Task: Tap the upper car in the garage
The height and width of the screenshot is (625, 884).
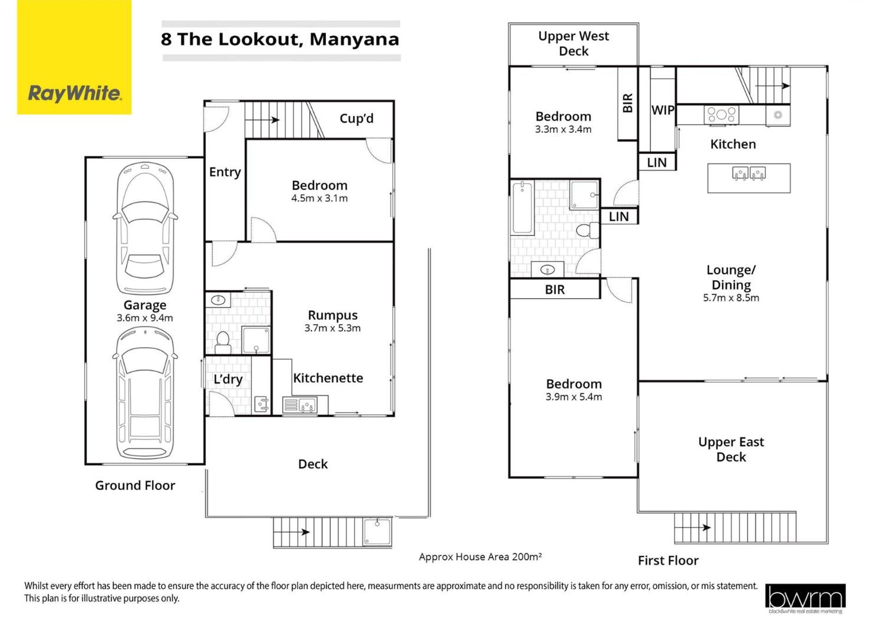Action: [x=145, y=228]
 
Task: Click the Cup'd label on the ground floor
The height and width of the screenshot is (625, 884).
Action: [x=356, y=118]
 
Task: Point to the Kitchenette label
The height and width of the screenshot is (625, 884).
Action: [x=328, y=378]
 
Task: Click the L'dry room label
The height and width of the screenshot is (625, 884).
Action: [x=228, y=379]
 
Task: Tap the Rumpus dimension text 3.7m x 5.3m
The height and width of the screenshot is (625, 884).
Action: [x=332, y=328]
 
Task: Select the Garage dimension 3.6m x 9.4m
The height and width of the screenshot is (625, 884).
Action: [x=145, y=318]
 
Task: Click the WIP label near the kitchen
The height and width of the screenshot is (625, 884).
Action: [x=663, y=110]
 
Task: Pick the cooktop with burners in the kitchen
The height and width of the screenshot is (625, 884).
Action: [x=721, y=114]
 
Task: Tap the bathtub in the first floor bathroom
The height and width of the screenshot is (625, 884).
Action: [x=523, y=208]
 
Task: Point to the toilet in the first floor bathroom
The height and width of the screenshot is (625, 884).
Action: [x=587, y=230]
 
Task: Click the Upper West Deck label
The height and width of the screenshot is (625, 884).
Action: [x=574, y=43]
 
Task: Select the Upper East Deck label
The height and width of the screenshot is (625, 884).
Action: [x=731, y=450]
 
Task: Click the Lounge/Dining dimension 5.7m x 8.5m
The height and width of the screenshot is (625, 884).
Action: [x=731, y=298]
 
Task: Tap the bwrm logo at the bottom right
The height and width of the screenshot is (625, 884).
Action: [x=805, y=598]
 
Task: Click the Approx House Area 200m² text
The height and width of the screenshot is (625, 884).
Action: [x=480, y=557]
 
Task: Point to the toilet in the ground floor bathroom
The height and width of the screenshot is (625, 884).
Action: [x=223, y=342]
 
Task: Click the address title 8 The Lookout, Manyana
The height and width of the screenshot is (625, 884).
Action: [x=280, y=39]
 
